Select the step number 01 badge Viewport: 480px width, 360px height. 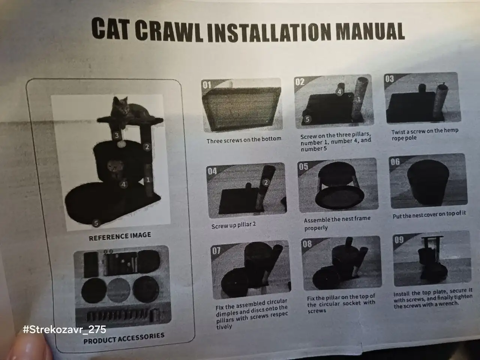tap(207, 85)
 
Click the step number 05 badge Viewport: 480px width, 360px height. tap(303, 166)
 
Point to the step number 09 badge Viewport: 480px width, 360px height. tap(399, 240)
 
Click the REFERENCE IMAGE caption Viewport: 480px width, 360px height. tap(120, 236)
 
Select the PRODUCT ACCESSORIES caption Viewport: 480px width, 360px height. tap(124, 338)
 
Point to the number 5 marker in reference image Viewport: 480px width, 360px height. tap(96, 223)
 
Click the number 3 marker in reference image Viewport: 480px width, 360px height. tap(117, 135)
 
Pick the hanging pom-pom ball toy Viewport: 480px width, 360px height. tap(121, 144)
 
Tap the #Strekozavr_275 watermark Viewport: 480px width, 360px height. tap(64, 329)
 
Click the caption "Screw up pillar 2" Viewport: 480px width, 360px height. tap(233, 225)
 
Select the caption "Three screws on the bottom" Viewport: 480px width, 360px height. tap(244, 140)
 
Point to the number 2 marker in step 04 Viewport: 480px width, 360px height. tap(266, 182)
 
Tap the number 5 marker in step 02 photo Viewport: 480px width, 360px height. tap(307, 119)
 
